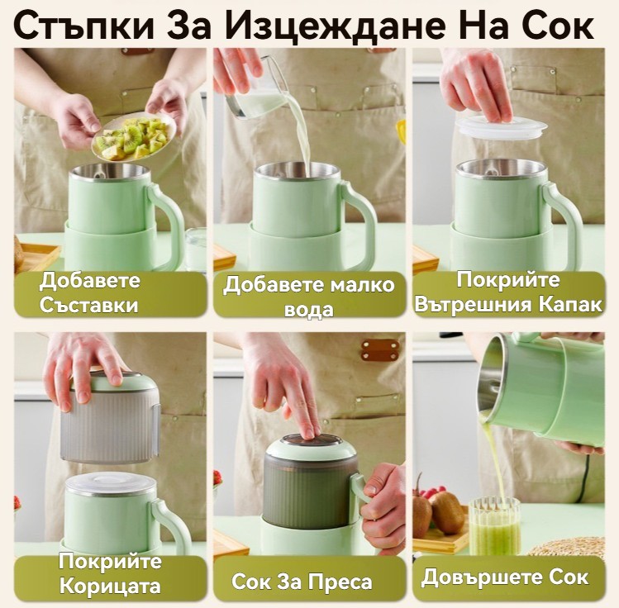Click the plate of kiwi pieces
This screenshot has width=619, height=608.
[x=133, y=136]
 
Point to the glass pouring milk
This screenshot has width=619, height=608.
[x=255, y=88]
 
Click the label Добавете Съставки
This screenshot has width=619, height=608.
[x=89, y=292]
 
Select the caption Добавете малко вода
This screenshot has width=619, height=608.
[x=309, y=297]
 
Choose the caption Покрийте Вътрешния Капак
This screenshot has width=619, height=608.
[x=508, y=292]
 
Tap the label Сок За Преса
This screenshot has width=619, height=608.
[x=302, y=582]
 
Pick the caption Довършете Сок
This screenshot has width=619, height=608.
[x=505, y=577]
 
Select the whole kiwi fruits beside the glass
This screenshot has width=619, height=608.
[x=438, y=511]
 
